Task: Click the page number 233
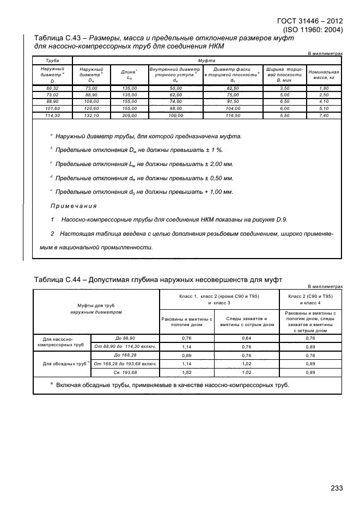(x=337, y=488)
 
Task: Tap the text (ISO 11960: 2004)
(x=313, y=30)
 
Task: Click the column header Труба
(x=53, y=62)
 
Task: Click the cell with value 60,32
(x=53, y=88)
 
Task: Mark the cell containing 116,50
(x=233, y=115)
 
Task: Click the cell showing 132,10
(x=91, y=115)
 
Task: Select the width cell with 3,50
(x=284, y=88)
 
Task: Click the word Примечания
(x=73, y=206)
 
